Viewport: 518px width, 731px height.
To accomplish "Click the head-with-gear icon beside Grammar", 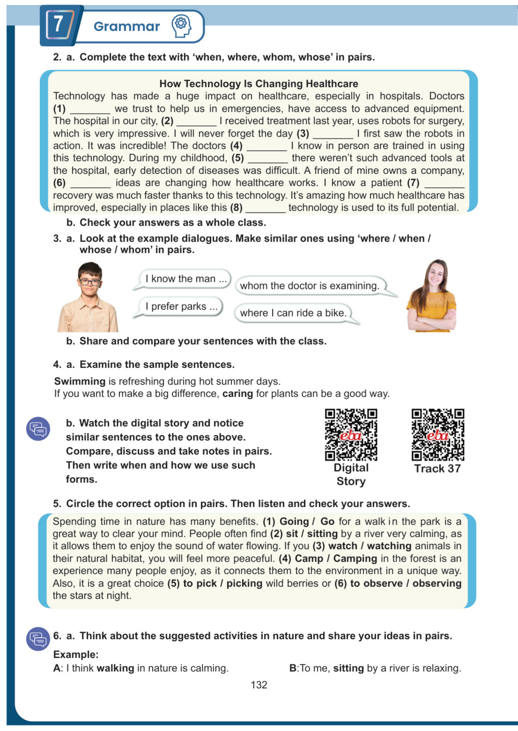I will pyautogui.click(x=181, y=26).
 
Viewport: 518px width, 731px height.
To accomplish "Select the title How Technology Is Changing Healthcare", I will pyautogui.click(x=259, y=84).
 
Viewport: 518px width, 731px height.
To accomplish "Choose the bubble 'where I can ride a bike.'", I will pyautogui.click(x=293, y=313).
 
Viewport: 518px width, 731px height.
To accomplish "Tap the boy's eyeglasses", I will pyautogui.click(x=90, y=282).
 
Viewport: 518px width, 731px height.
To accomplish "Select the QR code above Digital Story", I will pyautogui.click(x=351, y=435).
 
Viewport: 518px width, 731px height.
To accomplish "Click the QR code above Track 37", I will pyautogui.click(x=438, y=435).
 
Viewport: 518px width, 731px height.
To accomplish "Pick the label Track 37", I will pyautogui.click(x=437, y=469).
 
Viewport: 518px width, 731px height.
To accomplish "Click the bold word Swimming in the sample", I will pyautogui.click(x=80, y=381).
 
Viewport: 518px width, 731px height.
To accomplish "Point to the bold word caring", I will pyautogui.click(x=237, y=394).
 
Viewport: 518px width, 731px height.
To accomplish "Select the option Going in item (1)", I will pyautogui.click(x=294, y=521).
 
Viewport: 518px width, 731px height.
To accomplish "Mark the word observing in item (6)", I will pyautogui.click(x=437, y=584).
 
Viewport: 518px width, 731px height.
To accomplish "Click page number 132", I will pyautogui.click(x=259, y=685).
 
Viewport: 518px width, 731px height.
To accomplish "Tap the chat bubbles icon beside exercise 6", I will pyautogui.click(x=38, y=639).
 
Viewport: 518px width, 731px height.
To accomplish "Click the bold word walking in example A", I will pyautogui.click(x=115, y=668).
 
